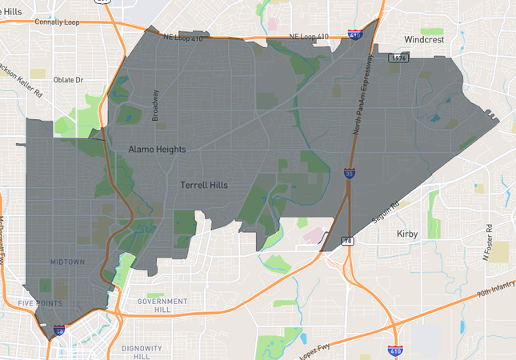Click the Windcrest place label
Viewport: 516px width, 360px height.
(x=428, y=38)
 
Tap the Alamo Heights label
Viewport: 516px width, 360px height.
(x=157, y=150)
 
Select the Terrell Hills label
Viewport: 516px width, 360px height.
(x=204, y=185)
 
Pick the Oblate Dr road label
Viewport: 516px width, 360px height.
(x=68, y=80)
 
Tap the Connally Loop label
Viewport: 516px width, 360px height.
(x=65, y=22)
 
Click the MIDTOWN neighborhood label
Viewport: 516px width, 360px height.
(x=66, y=262)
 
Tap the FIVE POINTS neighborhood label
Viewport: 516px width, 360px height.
(x=40, y=303)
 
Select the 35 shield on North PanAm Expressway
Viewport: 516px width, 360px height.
(x=350, y=172)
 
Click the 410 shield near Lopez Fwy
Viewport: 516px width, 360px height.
(x=394, y=350)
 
